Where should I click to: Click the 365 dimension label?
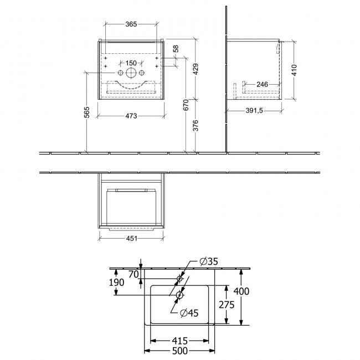[131, 24]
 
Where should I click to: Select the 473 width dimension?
[131, 116]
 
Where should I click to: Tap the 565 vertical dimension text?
[87, 112]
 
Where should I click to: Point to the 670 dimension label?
[186, 105]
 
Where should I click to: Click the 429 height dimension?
[196, 69]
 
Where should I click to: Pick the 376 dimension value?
[196, 125]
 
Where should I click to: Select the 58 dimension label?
[176, 49]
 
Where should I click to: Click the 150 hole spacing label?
[131, 63]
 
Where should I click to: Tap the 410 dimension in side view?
[294, 70]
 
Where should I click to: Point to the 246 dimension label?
[262, 85]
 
